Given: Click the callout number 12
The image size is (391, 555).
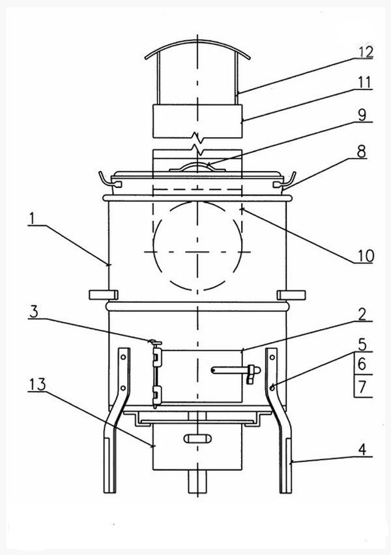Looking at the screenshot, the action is (366, 52).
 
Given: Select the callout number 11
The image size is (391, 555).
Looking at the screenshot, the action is (365, 82).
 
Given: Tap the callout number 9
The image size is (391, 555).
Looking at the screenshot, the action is (362, 115).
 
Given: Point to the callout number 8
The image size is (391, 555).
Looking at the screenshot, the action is (361, 152).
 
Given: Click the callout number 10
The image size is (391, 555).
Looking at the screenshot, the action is (365, 255).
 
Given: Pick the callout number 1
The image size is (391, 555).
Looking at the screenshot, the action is (33, 218).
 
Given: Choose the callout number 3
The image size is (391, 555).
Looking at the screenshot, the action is (33, 312).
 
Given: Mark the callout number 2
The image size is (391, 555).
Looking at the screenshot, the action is (362, 314).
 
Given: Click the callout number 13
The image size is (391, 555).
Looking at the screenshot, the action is (38, 384).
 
